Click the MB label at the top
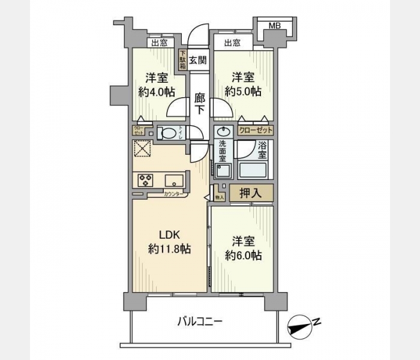point(274,25)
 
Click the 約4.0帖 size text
point(157,92)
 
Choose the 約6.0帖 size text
point(243,255)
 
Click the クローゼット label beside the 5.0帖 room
point(256,130)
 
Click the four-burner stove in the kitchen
point(146,179)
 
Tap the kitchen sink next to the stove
point(174,179)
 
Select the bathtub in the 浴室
point(256,170)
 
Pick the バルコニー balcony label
point(200,322)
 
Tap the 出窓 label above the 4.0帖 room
point(160,43)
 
